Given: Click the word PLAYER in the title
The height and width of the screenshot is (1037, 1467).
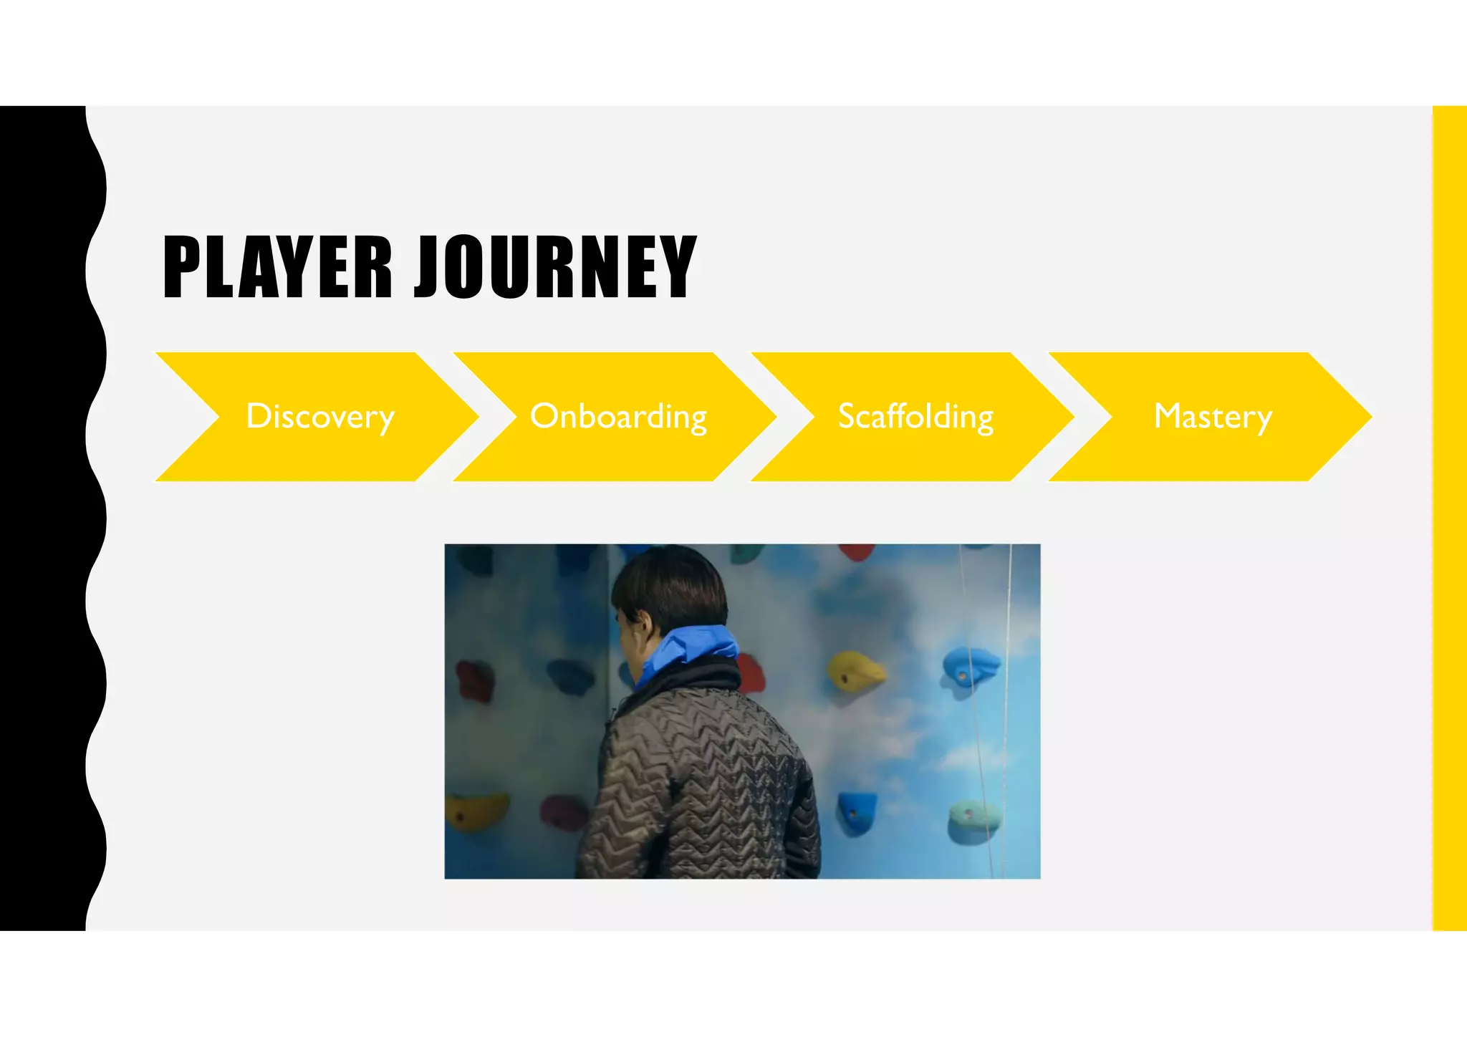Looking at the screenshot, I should tap(278, 266).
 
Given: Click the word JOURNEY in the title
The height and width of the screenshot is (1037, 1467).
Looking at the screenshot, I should tap(555, 266).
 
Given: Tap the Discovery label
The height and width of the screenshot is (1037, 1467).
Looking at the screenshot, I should tap(320, 417).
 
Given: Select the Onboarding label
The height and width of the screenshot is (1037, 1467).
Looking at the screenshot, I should tap(618, 417).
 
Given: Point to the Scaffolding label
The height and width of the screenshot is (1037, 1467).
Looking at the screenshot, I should tap(915, 417).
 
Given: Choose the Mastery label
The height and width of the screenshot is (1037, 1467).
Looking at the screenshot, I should tap(1213, 417).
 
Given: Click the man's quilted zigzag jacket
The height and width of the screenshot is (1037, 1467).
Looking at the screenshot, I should tap(702, 788).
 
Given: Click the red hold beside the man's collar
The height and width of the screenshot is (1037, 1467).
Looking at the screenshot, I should tap(749, 673).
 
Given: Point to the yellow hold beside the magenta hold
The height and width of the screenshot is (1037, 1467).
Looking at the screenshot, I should tap(475, 809).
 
